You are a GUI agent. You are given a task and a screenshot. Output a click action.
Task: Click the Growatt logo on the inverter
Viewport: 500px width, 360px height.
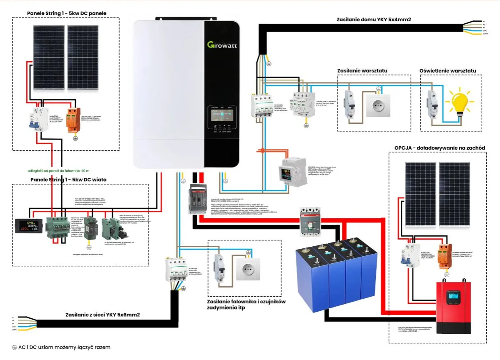pyautogui.click(x=222, y=44)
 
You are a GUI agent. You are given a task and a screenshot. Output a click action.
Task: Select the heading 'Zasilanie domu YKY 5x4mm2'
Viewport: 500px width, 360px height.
pyautogui.click(x=379, y=19)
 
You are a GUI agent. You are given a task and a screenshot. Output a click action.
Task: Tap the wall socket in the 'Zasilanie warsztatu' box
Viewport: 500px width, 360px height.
pyautogui.click(x=378, y=105)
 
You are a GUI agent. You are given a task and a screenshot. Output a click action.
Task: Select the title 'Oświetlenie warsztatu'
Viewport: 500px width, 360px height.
pyautogui.click(x=447, y=71)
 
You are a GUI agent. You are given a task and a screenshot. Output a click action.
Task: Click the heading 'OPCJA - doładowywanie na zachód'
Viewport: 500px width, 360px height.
pyautogui.click(x=440, y=147)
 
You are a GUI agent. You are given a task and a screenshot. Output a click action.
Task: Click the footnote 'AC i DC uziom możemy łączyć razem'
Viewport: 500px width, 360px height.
pyautogui.click(x=61, y=347)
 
